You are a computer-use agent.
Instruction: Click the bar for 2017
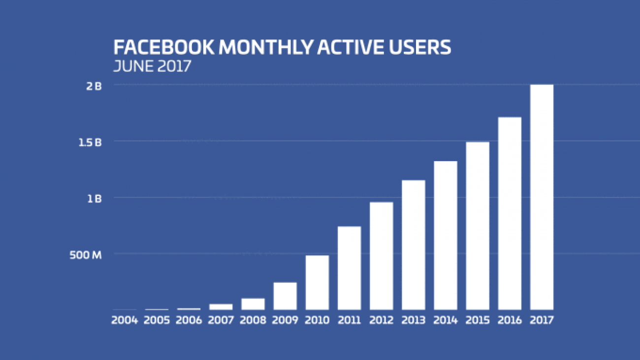click(542, 197)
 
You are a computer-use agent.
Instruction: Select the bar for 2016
click(510, 213)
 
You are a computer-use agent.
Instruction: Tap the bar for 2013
click(413, 245)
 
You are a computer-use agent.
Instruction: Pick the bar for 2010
click(317, 282)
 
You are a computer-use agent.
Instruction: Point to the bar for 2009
click(285, 296)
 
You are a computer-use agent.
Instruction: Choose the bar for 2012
click(381, 256)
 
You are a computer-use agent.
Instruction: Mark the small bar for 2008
click(253, 304)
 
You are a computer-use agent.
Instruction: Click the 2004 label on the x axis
click(124, 320)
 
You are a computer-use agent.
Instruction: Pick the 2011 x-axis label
click(349, 320)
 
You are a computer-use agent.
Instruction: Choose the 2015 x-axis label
click(478, 320)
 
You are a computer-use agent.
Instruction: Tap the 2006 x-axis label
click(189, 320)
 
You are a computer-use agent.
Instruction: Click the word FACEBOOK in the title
click(163, 48)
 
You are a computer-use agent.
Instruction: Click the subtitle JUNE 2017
click(152, 66)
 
